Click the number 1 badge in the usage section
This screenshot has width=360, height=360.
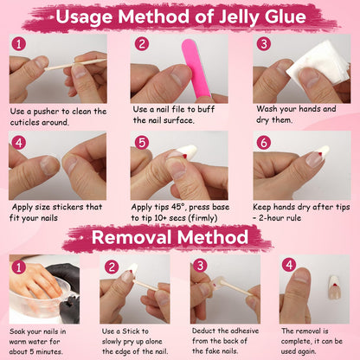point(19,44)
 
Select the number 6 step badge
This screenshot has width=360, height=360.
point(263,142)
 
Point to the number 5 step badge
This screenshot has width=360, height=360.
point(142,142)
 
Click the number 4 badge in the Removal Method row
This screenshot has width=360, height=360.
point(289,265)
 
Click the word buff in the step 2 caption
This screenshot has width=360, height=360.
point(206,109)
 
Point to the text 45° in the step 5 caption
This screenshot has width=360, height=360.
point(178,207)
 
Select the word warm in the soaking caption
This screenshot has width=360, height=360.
point(19,342)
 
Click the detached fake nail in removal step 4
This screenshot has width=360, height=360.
point(335,287)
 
